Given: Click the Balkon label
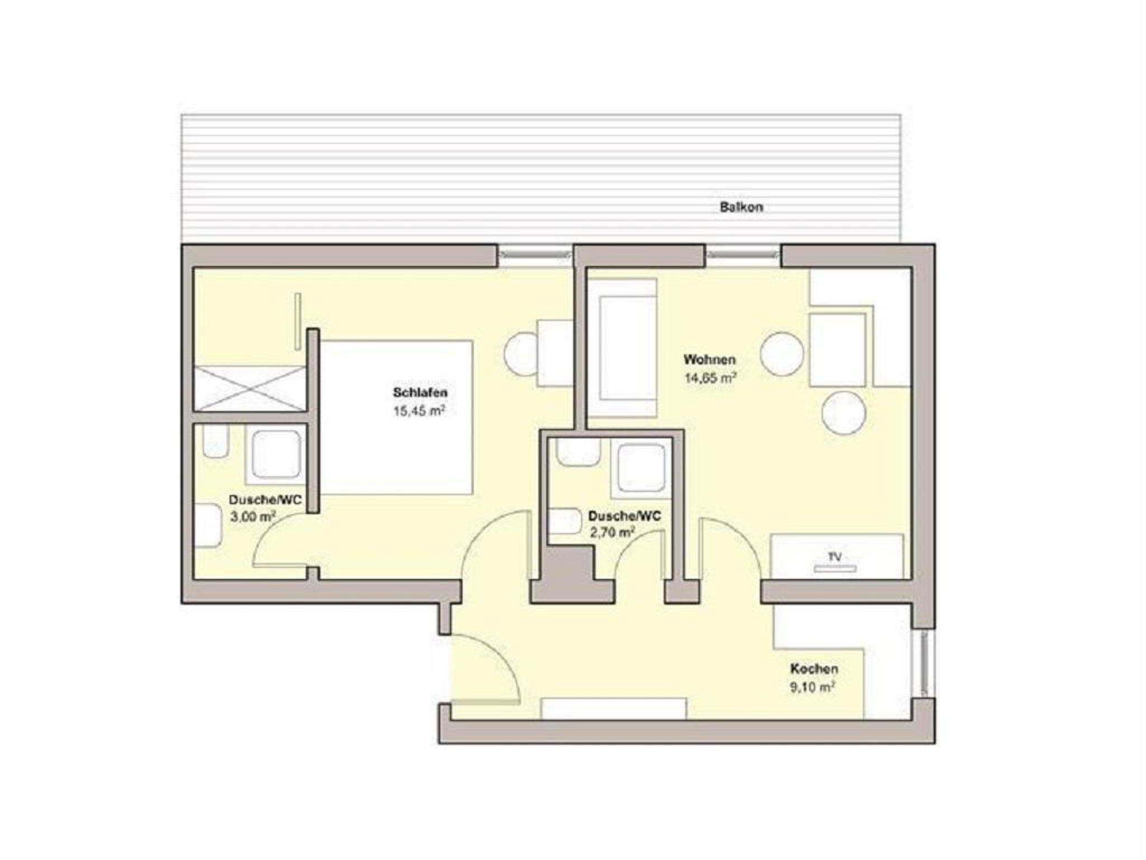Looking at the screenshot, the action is pyautogui.click(x=741, y=207).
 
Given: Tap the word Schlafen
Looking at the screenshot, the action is pyautogui.click(x=420, y=393).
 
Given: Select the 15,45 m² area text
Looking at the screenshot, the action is pyautogui.click(x=419, y=411).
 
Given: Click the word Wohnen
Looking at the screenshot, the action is pyautogui.click(x=710, y=359).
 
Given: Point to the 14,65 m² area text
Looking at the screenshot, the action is pyautogui.click(x=710, y=377).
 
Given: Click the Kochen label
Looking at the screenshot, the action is pyautogui.click(x=814, y=669).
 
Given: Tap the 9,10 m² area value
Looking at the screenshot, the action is pyautogui.click(x=812, y=687).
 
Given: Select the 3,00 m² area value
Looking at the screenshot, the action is pyautogui.click(x=252, y=517).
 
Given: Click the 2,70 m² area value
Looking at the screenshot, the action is pyautogui.click(x=612, y=532).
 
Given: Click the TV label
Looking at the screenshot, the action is pyautogui.click(x=834, y=557).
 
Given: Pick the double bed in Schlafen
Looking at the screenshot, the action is pyautogui.click(x=397, y=417).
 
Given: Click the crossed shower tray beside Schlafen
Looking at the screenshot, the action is pyautogui.click(x=250, y=389).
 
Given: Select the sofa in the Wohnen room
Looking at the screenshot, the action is pyautogui.click(x=622, y=348).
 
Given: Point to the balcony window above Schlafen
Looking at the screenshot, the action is pyautogui.click(x=536, y=255).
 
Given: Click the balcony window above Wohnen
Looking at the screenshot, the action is pyautogui.click(x=743, y=255).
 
